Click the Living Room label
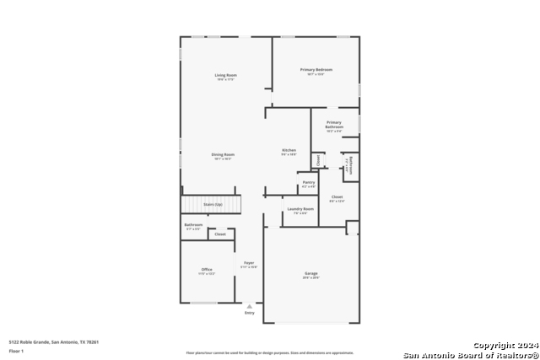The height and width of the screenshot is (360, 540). click(x=225, y=75)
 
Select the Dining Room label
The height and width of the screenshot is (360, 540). click(x=223, y=154)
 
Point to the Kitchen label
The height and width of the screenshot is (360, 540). click(x=289, y=150)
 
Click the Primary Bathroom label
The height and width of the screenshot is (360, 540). click(x=334, y=124)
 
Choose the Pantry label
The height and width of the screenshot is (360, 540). click(x=309, y=182)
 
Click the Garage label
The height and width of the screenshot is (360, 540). click(x=311, y=273)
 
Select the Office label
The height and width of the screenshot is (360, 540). click(x=207, y=269)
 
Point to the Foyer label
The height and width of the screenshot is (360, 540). click(x=249, y=263)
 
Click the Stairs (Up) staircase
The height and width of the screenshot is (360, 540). click(x=212, y=204)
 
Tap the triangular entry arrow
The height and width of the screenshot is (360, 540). click(x=249, y=306)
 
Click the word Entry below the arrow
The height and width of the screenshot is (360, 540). click(x=249, y=313)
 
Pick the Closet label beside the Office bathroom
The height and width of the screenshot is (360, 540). click(x=220, y=234)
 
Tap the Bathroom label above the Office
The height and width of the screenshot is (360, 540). click(x=193, y=225)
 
